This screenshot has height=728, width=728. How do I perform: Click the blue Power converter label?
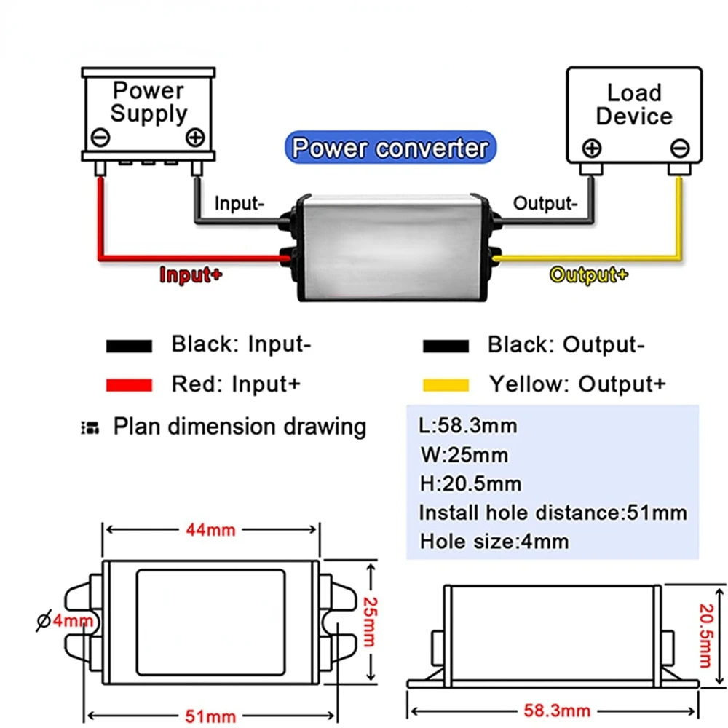tap(389, 149)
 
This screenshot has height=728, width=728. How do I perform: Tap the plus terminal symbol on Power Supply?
tap(195, 136)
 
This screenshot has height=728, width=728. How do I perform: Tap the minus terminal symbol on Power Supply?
tap(100, 137)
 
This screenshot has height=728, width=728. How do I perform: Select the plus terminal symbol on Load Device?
tap(592, 149)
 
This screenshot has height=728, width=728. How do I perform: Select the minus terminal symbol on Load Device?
tap(678, 149)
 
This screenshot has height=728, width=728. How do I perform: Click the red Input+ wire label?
tap(191, 275)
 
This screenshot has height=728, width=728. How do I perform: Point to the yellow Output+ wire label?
tap(588, 275)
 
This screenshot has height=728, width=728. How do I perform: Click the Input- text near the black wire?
tap(238, 204)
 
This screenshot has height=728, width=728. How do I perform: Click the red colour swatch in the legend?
tap(129, 385)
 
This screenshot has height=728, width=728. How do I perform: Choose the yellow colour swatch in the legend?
tap(445, 385)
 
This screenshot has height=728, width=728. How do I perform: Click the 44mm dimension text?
tap(210, 529)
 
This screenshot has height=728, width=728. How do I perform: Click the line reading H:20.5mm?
tap(470, 483)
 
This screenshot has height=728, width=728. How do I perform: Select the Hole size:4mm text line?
tap(494, 542)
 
